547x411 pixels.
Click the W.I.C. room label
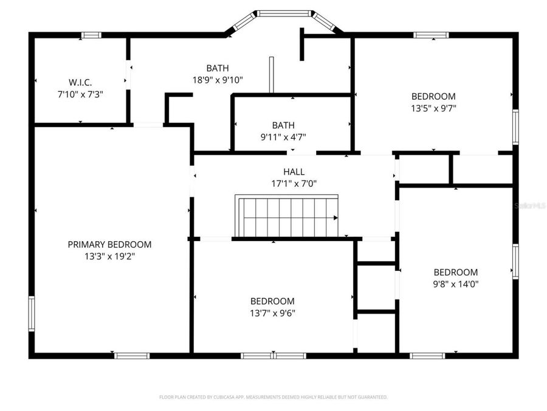[x=80, y=82]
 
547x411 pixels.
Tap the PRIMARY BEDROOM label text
[x=109, y=244]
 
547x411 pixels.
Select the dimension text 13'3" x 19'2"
[x=109, y=256]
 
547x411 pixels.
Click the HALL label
[x=294, y=172]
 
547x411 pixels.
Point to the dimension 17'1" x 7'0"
[x=294, y=183]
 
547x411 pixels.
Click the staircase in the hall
[x=286, y=216]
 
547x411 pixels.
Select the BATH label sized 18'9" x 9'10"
[x=218, y=68]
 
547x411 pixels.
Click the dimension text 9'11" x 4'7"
[x=283, y=137]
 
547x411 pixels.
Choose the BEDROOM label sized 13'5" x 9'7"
[x=433, y=96]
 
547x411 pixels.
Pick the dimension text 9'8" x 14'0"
[x=455, y=283]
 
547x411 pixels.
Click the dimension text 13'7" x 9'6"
[x=272, y=313]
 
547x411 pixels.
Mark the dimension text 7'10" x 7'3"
[x=80, y=94]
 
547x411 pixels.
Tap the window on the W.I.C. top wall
[x=92, y=35]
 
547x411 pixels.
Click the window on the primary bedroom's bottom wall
[x=132, y=355]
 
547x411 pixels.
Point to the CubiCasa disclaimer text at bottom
[x=273, y=397]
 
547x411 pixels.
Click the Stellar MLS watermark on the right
[x=530, y=206]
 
